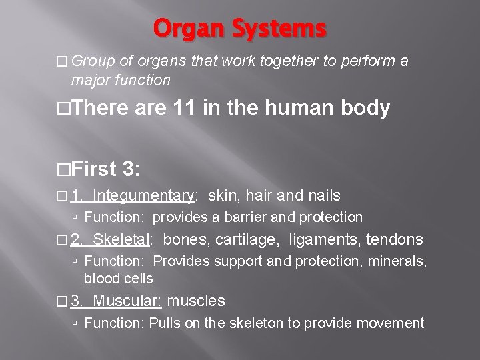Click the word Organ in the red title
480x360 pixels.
pos(185,29)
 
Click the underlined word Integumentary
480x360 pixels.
pos(143,195)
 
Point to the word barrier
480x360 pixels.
pos(253,217)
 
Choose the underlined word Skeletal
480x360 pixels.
pos(124,239)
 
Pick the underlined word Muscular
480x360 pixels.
pos(127,301)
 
